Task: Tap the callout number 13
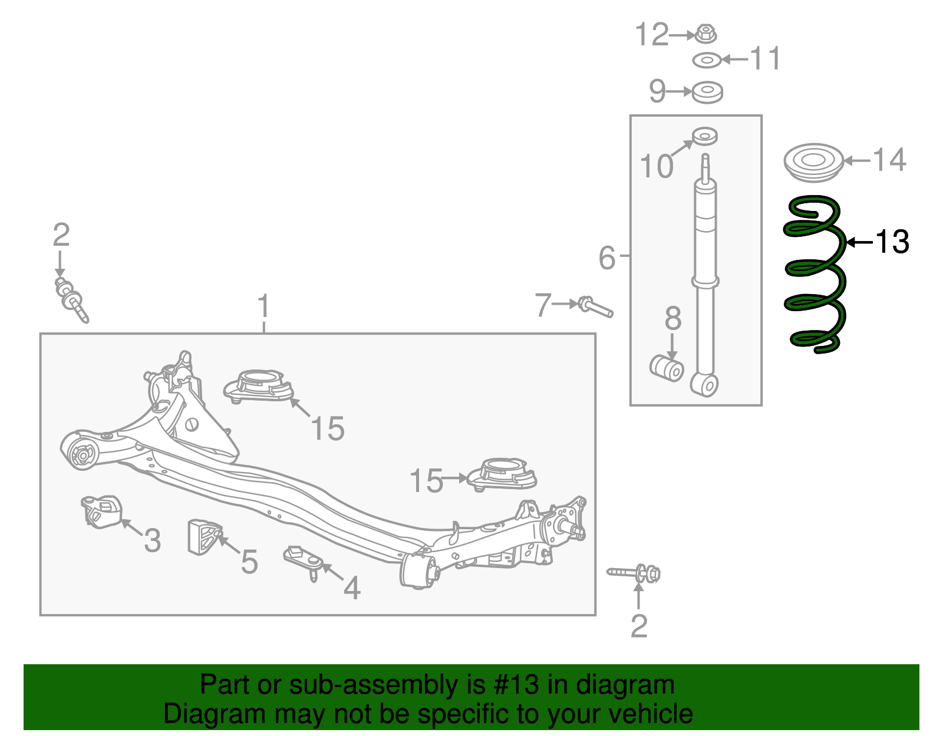892,242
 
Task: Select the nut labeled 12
705,34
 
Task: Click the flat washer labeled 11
707,60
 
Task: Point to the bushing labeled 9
707,93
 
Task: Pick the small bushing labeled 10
704,136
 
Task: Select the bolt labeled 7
596,306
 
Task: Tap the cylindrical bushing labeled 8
667,368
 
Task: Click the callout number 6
606,258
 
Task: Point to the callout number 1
263,306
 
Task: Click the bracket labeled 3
101,511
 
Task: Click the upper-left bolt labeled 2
71,298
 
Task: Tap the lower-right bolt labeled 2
636,573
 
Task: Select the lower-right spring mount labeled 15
502,474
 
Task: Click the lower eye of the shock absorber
705,385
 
